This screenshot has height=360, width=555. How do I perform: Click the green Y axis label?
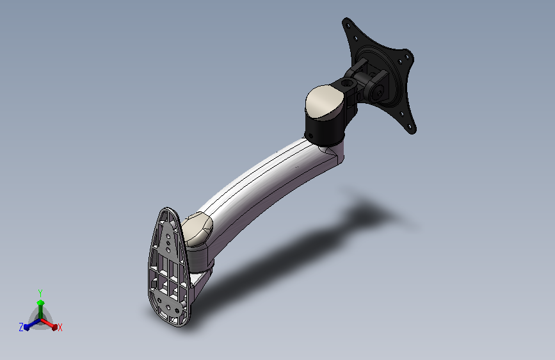(x=40, y=293)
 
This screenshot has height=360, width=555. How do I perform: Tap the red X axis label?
(x=60, y=328)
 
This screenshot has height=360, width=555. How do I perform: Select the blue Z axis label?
(x=21, y=327)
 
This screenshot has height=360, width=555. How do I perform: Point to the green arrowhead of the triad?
(x=40, y=302)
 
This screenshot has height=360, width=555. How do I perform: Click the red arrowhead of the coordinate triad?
(x=54, y=327)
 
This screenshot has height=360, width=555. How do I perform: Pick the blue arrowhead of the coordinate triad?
(x=26, y=327)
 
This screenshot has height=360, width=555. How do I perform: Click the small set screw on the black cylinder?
(x=310, y=135)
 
